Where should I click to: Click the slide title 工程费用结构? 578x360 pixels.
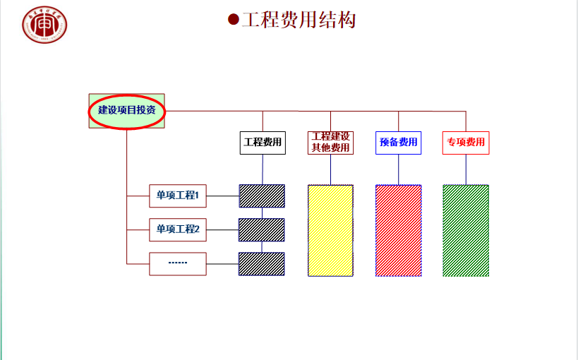point(298,19)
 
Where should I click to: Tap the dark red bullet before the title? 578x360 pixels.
point(233,19)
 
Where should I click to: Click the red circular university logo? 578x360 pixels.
point(44,25)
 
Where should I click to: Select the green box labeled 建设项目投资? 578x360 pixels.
point(126,111)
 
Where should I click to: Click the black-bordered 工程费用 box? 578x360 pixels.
point(263,143)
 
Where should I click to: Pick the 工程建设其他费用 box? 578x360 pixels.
point(330,143)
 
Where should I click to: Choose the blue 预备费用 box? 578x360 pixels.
point(398,143)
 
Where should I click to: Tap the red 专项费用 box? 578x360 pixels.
point(466,143)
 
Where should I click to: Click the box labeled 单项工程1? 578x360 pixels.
point(178,196)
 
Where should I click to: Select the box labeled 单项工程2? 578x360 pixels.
point(178,229)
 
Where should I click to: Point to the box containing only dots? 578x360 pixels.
point(178,263)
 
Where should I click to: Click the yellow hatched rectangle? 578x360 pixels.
point(330,230)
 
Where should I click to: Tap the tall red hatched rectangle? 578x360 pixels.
point(398,230)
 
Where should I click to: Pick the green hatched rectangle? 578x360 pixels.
point(466,230)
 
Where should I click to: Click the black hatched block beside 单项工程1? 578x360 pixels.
point(262,196)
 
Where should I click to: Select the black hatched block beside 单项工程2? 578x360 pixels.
point(262,229)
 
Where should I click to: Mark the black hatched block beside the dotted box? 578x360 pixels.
point(262,263)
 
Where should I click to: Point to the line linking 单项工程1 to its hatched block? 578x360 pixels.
point(222,196)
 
